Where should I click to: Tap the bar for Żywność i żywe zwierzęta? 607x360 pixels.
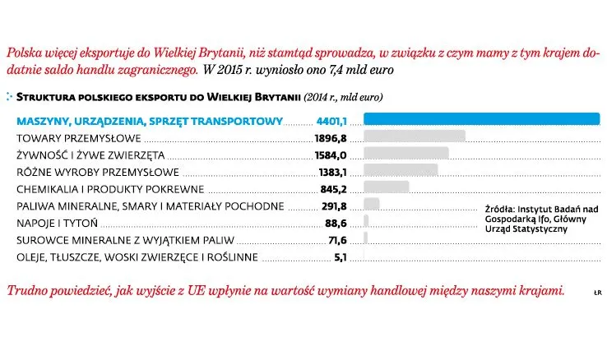point(405,155)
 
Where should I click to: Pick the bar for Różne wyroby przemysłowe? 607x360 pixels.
point(400,171)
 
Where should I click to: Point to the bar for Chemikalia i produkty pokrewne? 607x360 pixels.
point(386,188)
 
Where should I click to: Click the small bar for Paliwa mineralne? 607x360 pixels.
point(371,205)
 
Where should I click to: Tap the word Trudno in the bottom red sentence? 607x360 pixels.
point(25,292)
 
